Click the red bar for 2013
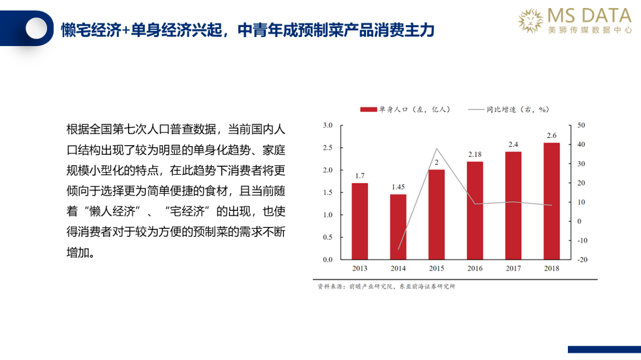tap(360, 221)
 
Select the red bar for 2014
tap(398, 227)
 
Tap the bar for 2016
tap(475, 211)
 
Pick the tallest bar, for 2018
tap(552, 201)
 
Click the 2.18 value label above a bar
tap(475, 155)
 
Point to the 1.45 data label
tap(398, 187)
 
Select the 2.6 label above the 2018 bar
tap(552, 135)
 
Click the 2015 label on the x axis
tap(436, 268)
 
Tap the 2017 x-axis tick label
tap(513, 268)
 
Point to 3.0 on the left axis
tap(328, 125)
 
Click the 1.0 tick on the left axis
tap(328, 215)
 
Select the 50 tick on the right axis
tap(581, 125)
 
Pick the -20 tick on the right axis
tap(582, 260)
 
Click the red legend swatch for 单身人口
tap(369, 109)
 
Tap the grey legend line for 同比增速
tap(476, 109)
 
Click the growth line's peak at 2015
tap(436, 149)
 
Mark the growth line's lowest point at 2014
tap(398, 249)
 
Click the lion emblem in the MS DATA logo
tap(531, 21)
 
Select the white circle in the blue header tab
tap(37, 28)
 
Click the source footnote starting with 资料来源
tap(386, 286)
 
